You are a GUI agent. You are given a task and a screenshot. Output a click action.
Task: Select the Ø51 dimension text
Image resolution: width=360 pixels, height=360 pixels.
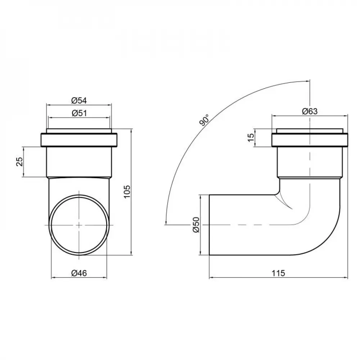coord(79,113)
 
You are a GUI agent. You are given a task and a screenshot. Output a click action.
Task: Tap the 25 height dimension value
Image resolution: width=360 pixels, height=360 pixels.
coord(20,162)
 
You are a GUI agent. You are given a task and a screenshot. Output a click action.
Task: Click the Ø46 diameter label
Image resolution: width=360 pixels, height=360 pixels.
coord(79,273)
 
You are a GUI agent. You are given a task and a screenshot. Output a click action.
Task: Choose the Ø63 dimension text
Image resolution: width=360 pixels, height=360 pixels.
coord(310,111)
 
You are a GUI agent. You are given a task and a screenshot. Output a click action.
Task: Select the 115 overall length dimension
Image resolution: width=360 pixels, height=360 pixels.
coord(279,273)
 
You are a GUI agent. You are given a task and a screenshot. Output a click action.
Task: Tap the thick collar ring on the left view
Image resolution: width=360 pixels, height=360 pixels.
coord(79,140)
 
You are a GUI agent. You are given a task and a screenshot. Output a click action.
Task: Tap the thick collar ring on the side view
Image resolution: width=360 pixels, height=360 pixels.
coord(310,140)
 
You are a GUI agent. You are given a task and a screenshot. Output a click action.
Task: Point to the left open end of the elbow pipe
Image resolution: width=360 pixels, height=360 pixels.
coord(210,225)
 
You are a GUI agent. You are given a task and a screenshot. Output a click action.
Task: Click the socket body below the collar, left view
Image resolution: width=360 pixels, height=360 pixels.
coord(79,162)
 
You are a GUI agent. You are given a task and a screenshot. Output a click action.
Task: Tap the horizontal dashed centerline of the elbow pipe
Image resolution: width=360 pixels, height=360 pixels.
coord(252,225)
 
